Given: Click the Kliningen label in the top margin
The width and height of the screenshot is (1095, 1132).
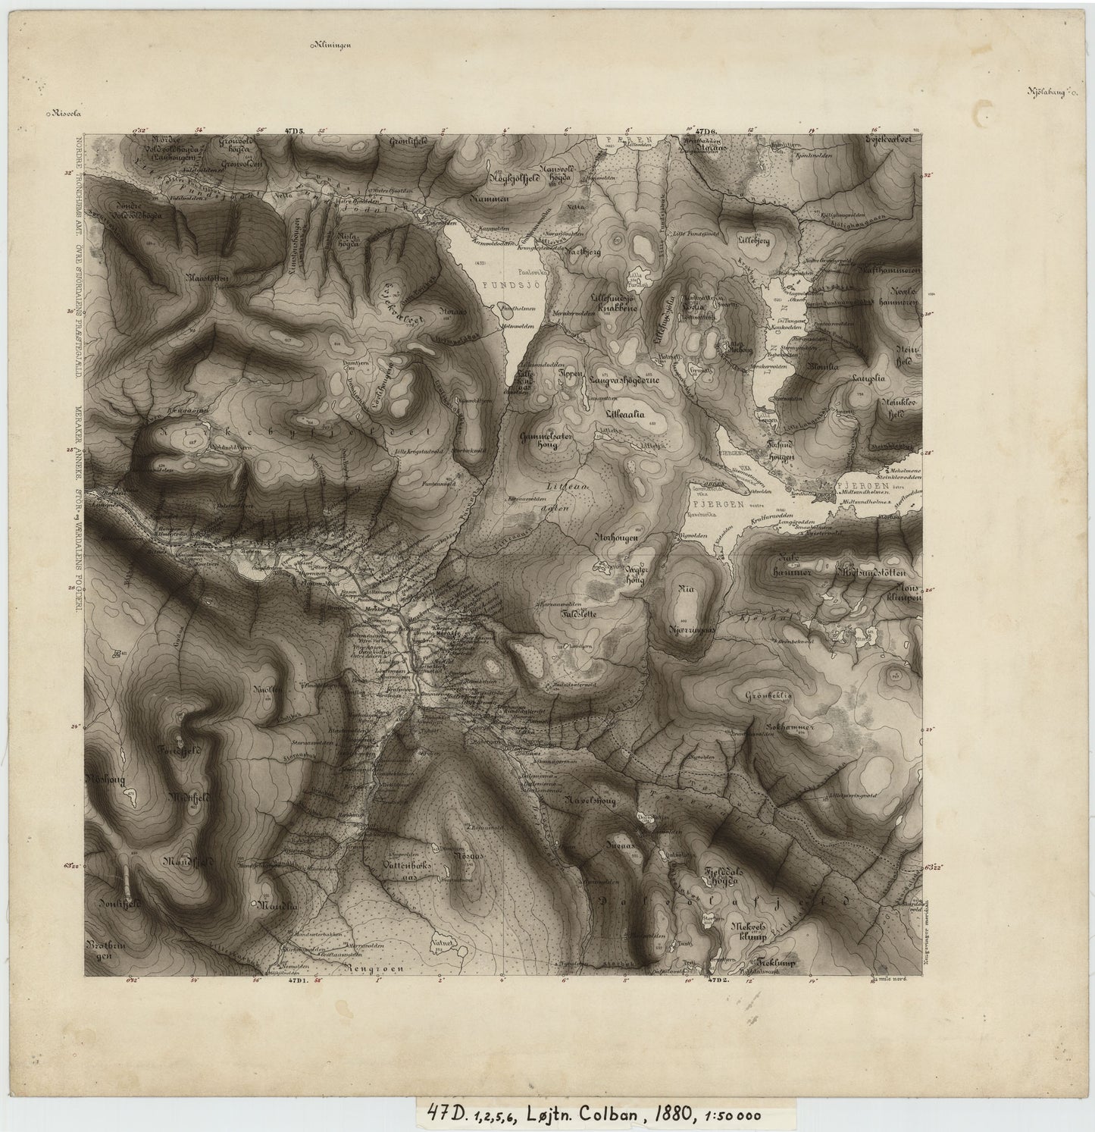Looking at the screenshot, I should [332, 45].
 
